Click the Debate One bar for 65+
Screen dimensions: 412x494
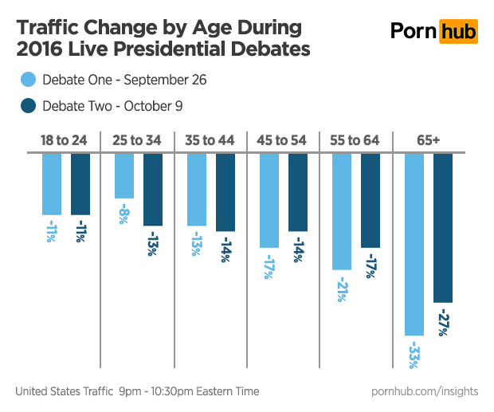[414, 244]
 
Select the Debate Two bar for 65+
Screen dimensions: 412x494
[443, 228]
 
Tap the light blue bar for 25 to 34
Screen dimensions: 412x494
[123, 175]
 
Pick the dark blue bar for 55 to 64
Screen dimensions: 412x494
[370, 200]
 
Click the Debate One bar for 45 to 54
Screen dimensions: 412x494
[269, 200]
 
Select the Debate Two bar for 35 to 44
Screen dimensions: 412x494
[225, 192]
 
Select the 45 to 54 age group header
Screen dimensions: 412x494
[282, 140]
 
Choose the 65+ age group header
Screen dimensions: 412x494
[428, 140]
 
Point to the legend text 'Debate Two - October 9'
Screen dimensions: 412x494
[113, 105]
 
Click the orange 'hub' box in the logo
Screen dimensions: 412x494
[461, 30]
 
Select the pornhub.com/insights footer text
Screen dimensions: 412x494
[425, 391]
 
